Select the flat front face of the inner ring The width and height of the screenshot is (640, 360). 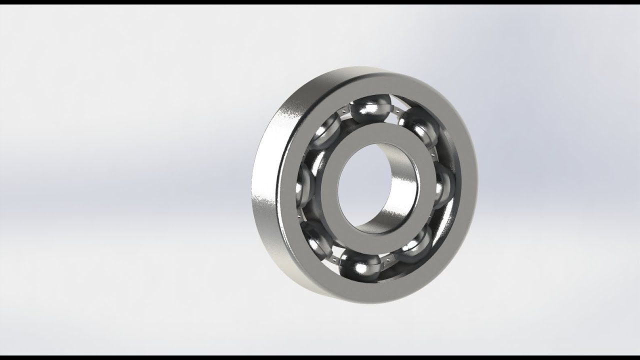[x=380, y=135]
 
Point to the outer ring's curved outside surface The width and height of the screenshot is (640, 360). [x=265, y=200]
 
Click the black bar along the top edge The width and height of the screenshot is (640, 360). [x=320, y=2]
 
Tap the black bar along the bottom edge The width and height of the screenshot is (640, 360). [x=320, y=357]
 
